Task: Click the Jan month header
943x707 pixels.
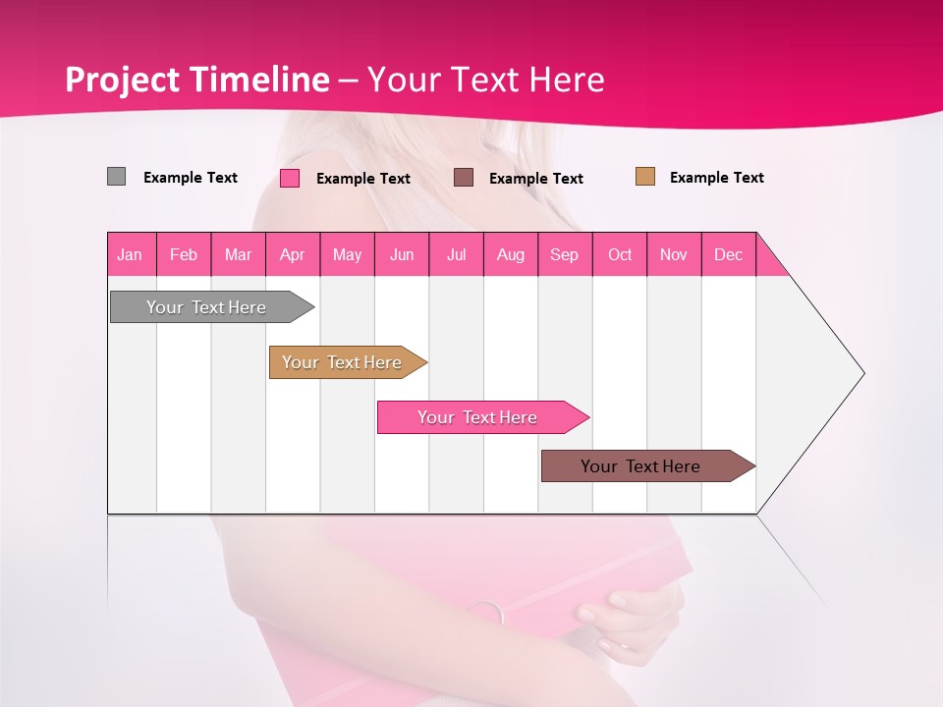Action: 131,254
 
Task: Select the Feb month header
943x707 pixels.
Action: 184,254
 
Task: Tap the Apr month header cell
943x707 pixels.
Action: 293,254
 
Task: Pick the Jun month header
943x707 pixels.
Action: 402,254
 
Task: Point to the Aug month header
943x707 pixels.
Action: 511,254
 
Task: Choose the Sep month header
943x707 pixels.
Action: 565,254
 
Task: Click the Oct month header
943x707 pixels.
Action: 620,254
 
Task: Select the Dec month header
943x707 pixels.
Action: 729,254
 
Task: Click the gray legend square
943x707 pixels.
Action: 116,177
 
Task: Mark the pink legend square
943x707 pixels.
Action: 290,178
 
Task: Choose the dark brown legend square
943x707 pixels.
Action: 464,177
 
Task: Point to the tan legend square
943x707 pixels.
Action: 644,177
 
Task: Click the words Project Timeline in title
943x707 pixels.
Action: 196,80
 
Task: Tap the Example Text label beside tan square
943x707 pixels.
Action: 716,178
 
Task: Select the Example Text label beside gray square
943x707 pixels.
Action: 191,178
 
